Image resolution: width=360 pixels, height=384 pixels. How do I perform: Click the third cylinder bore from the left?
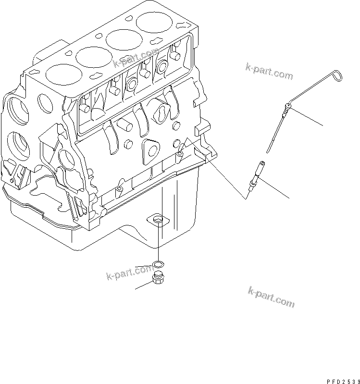122,39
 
